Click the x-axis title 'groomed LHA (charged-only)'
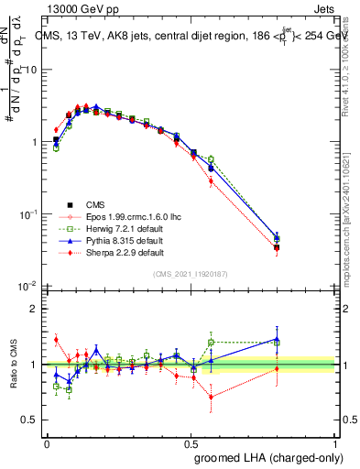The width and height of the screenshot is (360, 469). (x=270, y=458)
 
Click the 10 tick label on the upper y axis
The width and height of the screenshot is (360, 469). (x=31, y=71)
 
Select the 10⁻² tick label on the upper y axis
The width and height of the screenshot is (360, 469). (x=29, y=286)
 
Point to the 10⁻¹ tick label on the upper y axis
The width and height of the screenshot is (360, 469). (x=29, y=213)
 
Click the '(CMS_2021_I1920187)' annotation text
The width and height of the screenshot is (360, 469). (x=192, y=274)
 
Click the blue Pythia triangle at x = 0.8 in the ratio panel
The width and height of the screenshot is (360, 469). (x=278, y=339)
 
